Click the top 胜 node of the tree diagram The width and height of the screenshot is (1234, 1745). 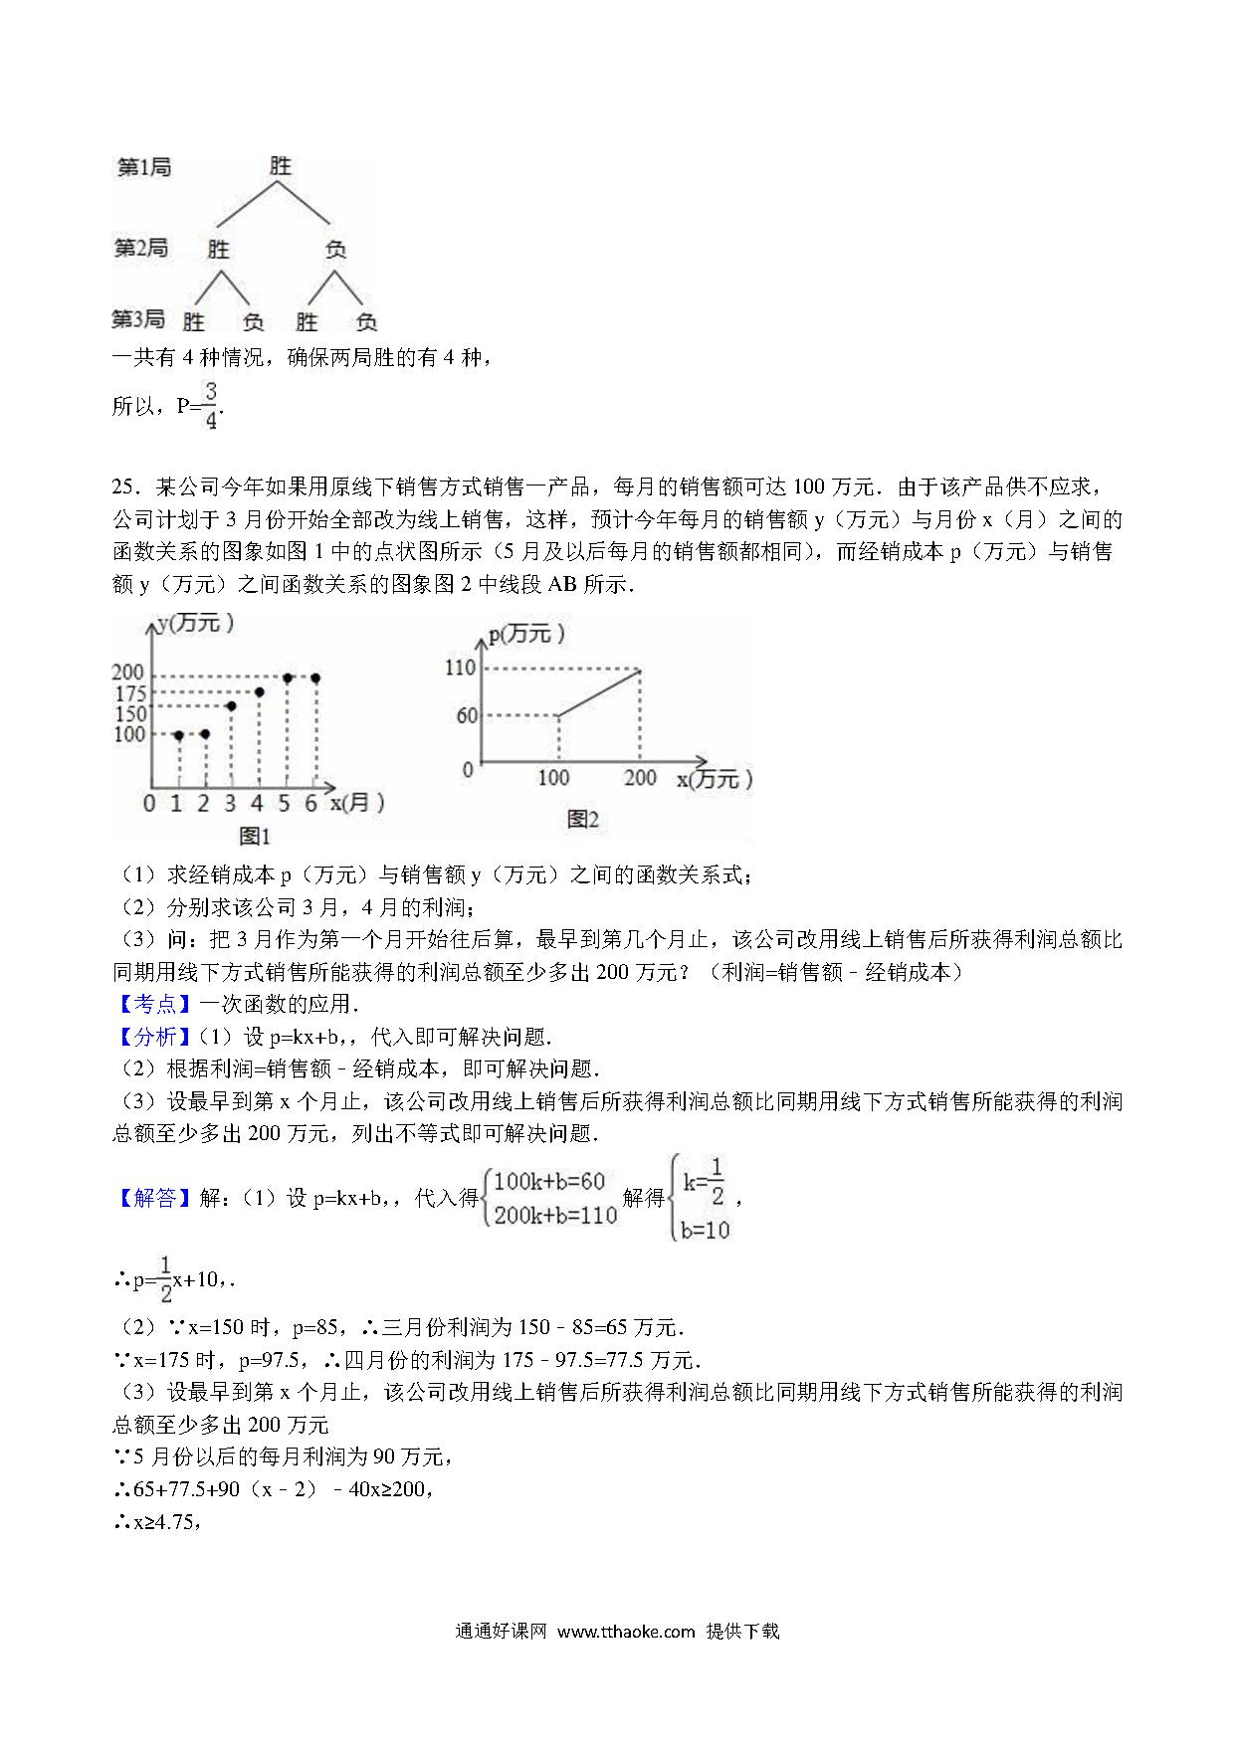coord(281,166)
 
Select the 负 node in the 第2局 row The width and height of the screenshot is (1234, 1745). coord(336,248)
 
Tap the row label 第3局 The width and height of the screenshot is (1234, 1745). coord(138,319)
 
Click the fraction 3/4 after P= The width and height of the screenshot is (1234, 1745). coord(210,404)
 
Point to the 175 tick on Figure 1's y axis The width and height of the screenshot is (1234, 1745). coord(129,693)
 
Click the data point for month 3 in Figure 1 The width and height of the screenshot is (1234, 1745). coord(231,706)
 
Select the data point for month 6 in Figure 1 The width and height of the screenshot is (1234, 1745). coord(315,678)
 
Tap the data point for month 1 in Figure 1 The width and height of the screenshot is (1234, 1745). coord(178,735)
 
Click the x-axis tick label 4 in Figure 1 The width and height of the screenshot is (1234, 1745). coord(257,803)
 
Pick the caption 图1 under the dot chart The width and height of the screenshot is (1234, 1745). coord(254,835)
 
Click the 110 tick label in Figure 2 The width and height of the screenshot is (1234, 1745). coord(460,668)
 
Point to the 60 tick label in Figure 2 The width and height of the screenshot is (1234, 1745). coord(467,715)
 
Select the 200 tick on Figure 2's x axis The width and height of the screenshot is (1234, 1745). coord(640,777)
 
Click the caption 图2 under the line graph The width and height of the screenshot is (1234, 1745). coord(582,819)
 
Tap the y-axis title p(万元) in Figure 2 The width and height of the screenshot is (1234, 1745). coord(527,634)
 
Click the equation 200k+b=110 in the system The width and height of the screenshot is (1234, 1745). coord(555,1215)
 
